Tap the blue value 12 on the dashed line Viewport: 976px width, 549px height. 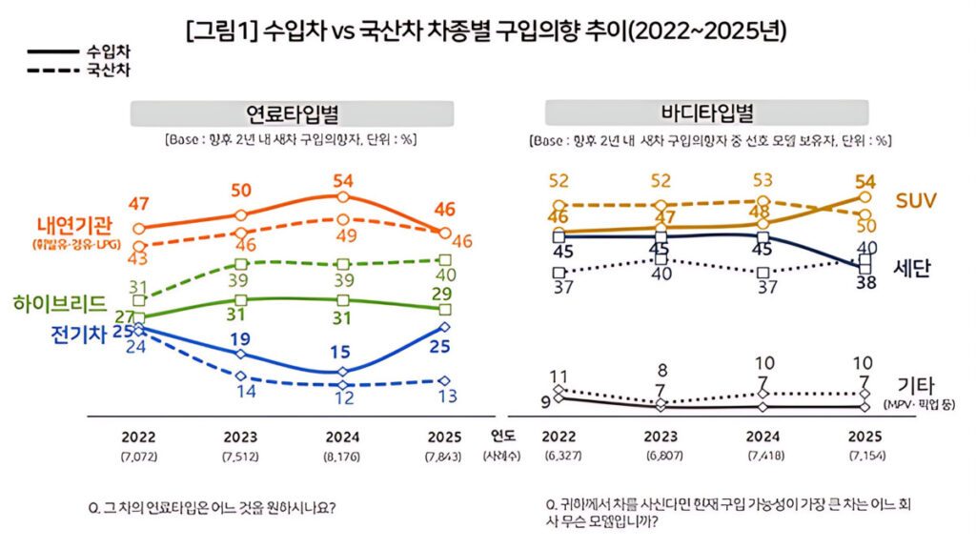click(344, 399)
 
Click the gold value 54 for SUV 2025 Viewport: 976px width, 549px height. click(864, 181)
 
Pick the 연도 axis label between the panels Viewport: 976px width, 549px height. click(502, 437)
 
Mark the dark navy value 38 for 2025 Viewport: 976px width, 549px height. click(864, 283)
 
